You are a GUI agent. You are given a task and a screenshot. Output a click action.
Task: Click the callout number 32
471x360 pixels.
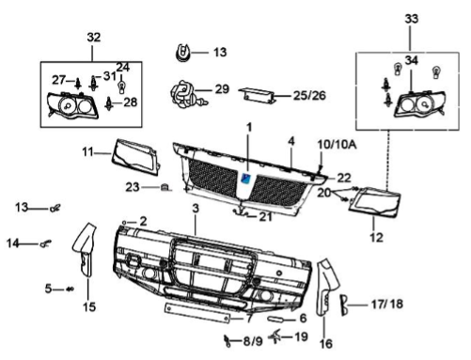92,37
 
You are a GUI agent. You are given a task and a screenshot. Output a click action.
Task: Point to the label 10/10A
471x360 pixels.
337,142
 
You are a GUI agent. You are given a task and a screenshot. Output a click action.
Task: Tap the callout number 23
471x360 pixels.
134,185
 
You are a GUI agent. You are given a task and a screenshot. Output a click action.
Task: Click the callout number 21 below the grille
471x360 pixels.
268,218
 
